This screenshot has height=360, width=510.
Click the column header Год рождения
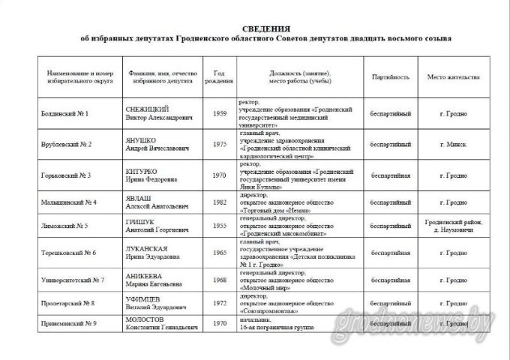pyautogui.click(x=218, y=77)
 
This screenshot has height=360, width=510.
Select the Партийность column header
pyautogui.click(x=390, y=77)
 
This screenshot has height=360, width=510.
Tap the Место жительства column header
pyautogui.click(x=452, y=77)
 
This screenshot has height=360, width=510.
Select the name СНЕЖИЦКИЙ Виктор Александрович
pyautogui.click(x=159, y=114)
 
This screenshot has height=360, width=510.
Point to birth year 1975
pyautogui.click(x=219, y=144)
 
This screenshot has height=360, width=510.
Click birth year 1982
pyautogui.click(x=219, y=202)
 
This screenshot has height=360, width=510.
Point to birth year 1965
pyautogui.click(x=219, y=253)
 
